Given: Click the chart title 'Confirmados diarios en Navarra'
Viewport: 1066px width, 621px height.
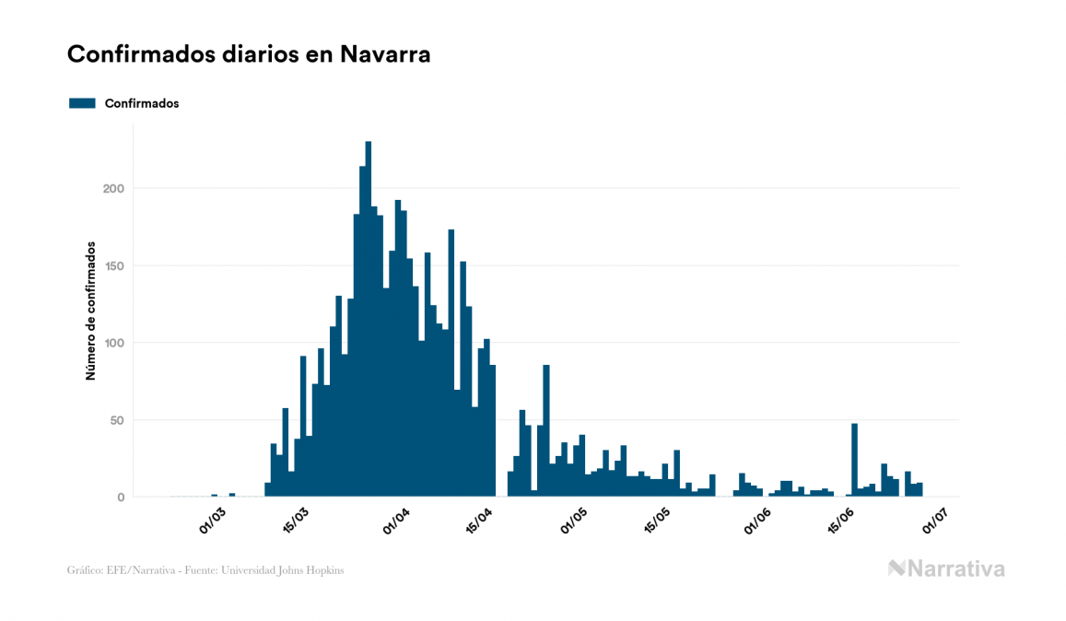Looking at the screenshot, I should click(x=249, y=54).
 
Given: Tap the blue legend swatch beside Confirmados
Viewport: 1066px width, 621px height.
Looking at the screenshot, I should click(x=82, y=103).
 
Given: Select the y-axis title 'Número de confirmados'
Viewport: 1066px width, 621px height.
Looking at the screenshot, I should click(x=91, y=311).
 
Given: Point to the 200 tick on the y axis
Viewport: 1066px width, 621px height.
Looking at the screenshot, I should click(x=113, y=188).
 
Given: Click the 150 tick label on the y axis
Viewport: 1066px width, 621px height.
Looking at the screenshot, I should click(x=113, y=265).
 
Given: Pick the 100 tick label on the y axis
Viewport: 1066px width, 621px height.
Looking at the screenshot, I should click(x=113, y=343).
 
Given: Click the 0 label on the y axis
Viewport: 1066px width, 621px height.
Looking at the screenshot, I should click(x=120, y=498).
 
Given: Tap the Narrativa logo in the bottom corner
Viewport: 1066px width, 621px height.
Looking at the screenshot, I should click(x=946, y=568).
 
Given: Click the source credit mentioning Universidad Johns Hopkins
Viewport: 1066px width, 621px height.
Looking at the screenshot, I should click(x=205, y=570).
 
